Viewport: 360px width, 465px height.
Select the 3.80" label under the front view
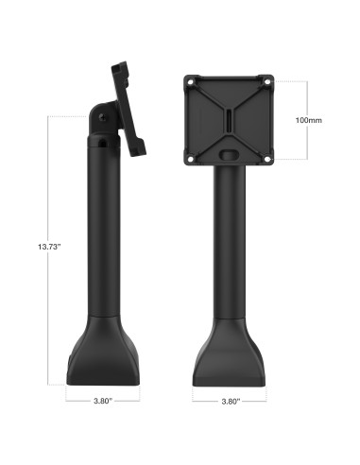click(229, 400)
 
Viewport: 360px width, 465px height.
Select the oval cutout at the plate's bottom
click(230, 150)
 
